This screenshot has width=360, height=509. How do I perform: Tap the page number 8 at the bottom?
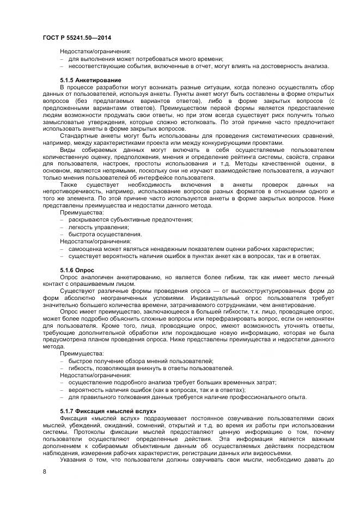[x=45, y=472]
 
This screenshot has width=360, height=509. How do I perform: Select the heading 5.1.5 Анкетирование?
[x=90, y=80]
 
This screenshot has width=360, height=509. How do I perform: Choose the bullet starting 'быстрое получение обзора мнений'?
[x=141, y=361]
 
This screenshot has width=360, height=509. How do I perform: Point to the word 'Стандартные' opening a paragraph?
[x=80, y=135]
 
